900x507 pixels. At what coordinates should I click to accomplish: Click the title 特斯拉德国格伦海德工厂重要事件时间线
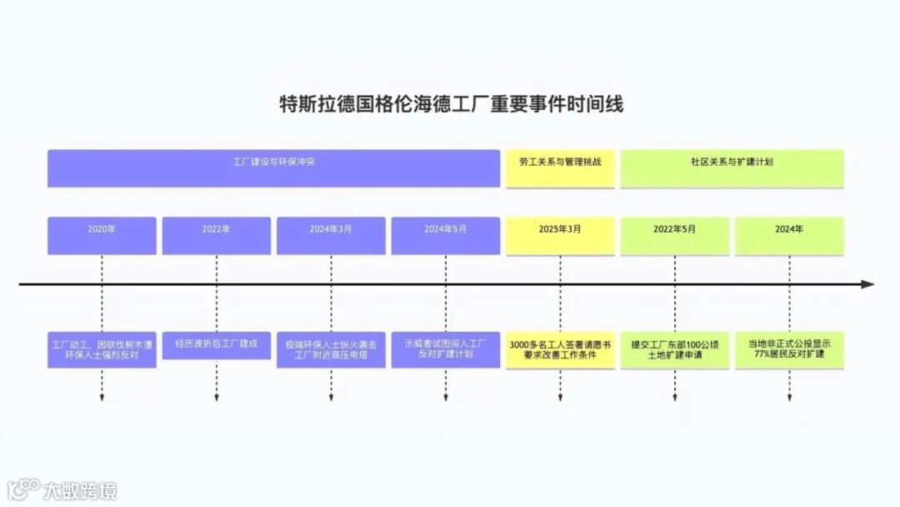click(450, 104)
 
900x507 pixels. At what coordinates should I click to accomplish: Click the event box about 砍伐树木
click(102, 349)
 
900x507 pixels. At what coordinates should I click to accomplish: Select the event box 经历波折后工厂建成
click(216, 344)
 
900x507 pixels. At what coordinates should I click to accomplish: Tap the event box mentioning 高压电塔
click(331, 349)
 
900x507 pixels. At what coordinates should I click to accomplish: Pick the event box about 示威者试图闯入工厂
click(445, 349)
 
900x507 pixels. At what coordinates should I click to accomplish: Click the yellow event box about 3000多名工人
click(560, 349)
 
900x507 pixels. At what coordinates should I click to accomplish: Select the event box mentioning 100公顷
click(674, 349)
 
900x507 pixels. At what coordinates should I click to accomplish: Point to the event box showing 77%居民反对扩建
click(789, 349)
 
